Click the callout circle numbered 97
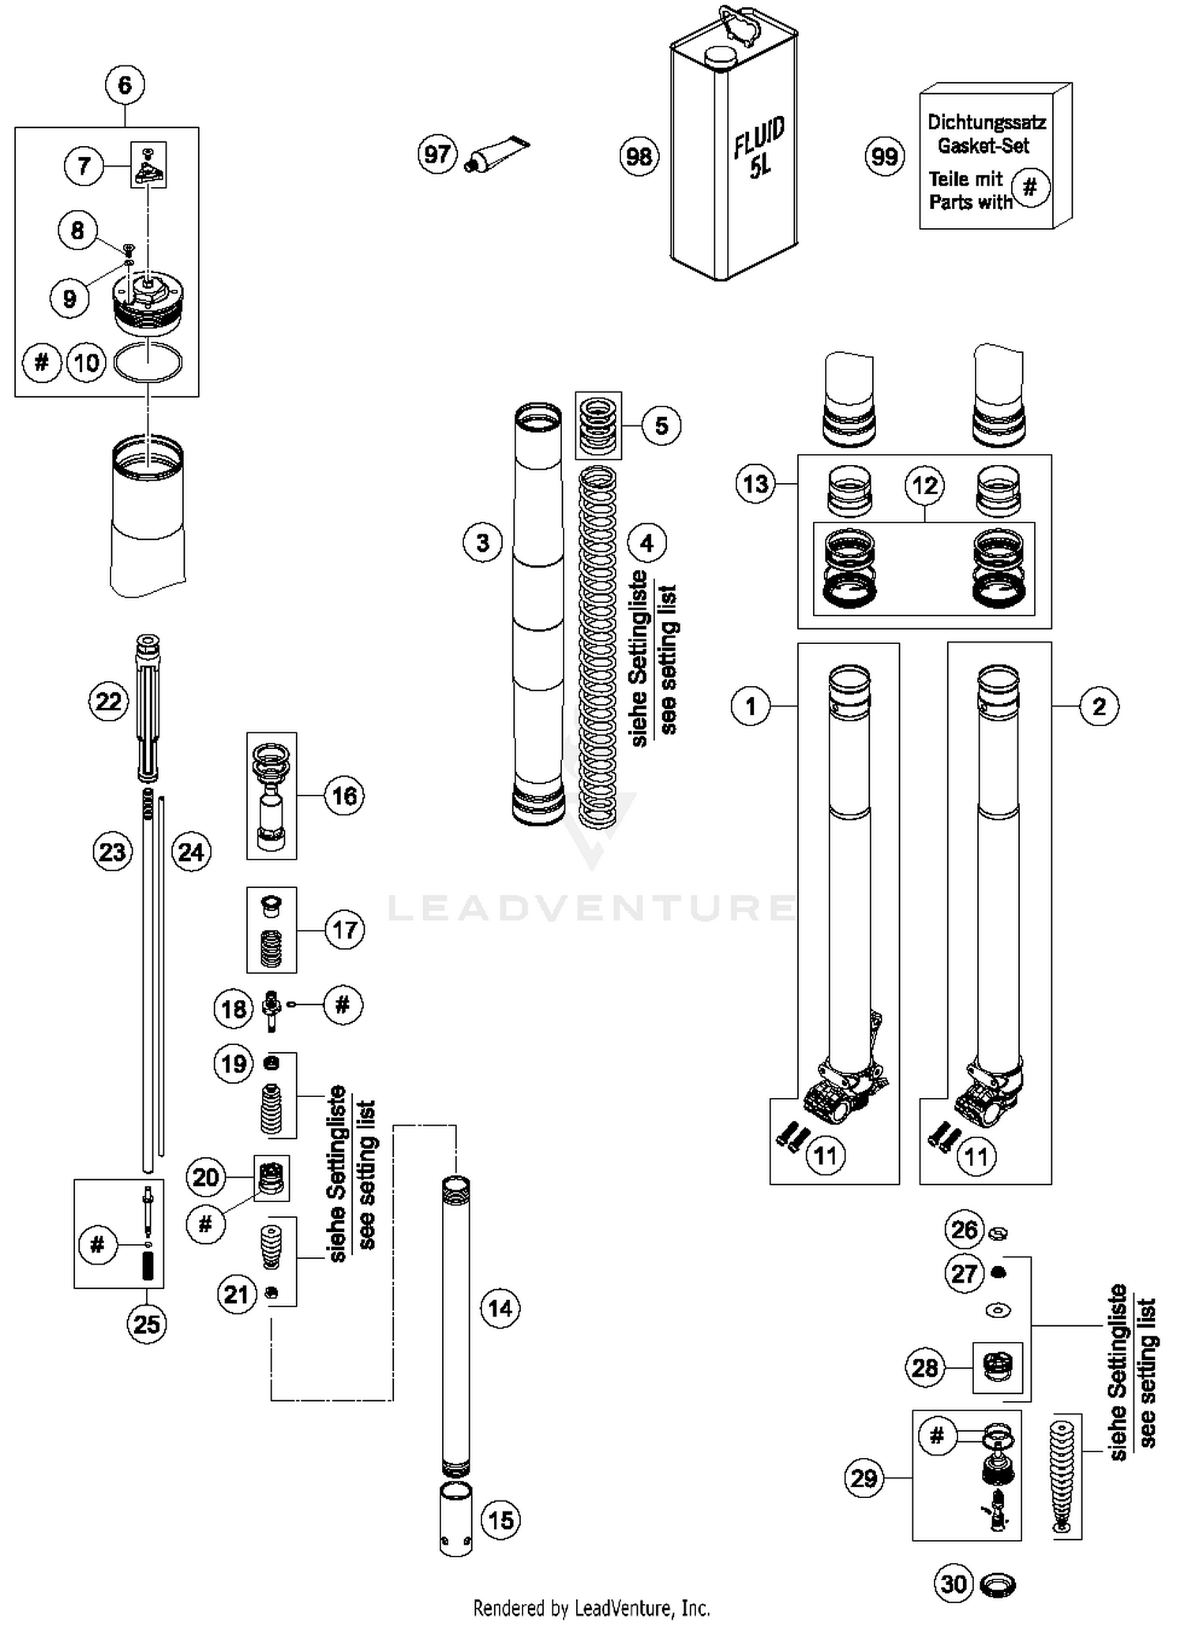click(x=437, y=154)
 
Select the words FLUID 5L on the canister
click(x=759, y=148)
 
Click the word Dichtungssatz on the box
click(x=986, y=122)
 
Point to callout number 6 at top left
click(x=125, y=84)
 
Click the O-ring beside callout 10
click(x=148, y=362)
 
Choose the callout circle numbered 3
click(x=482, y=543)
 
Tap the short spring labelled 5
click(x=598, y=425)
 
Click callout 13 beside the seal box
click(x=755, y=483)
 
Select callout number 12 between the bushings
click(x=924, y=485)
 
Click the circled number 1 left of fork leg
click(x=751, y=706)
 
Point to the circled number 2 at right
click(x=1099, y=706)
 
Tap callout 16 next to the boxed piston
click(x=344, y=796)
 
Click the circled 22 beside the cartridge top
click(x=108, y=701)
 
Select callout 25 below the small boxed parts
click(x=147, y=1324)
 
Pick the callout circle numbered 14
click(x=500, y=1308)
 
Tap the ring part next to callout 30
click(x=998, y=1584)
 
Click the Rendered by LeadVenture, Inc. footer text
click(x=591, y=1607)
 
